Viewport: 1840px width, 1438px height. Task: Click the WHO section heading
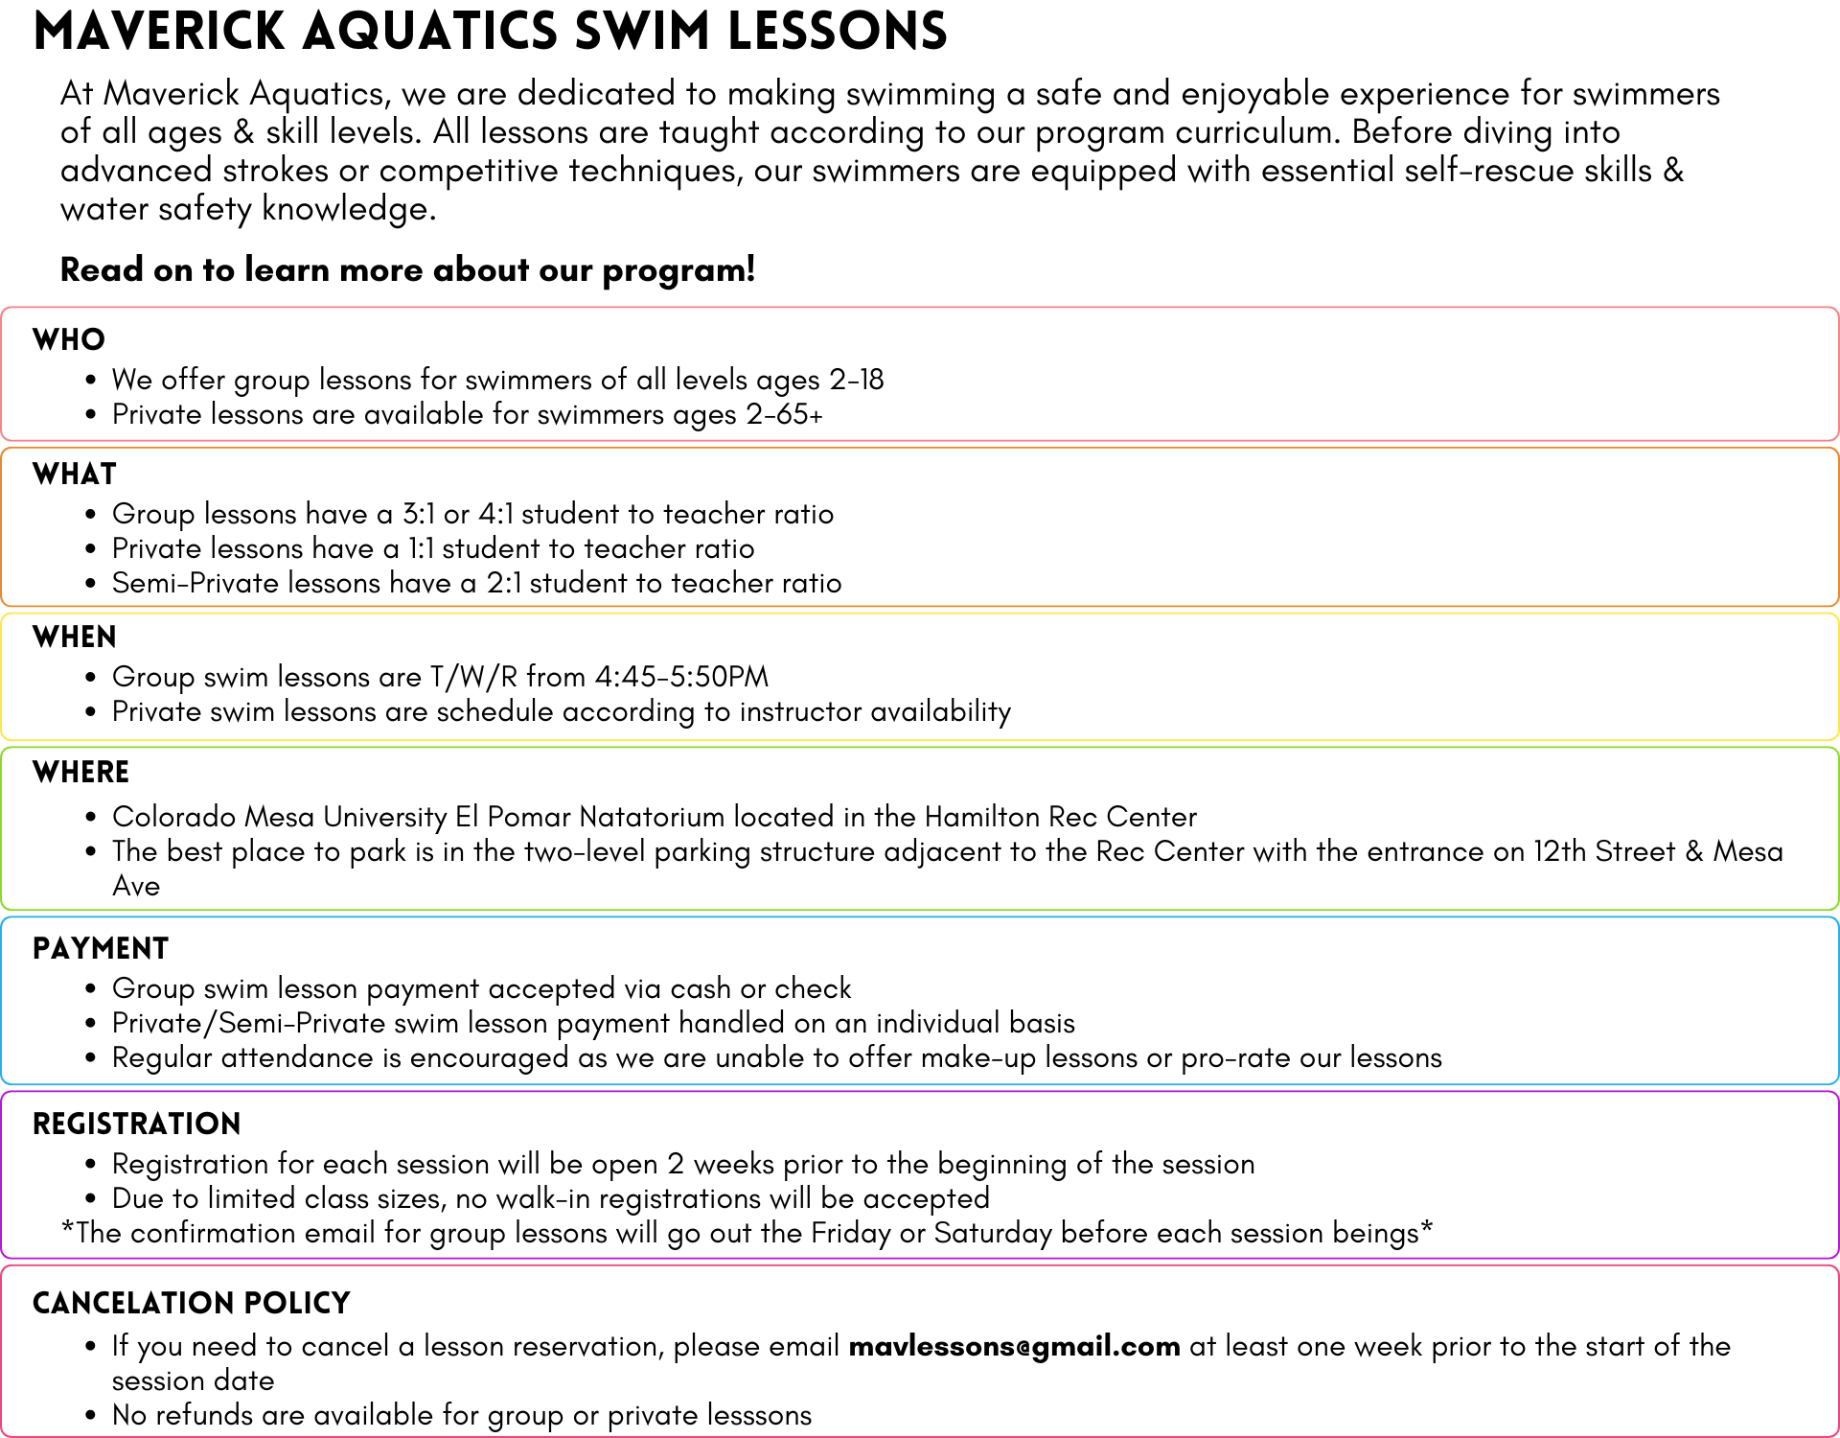[69, 340]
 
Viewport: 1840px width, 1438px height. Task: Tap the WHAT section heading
[75, 475]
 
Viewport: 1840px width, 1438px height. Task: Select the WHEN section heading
[75, 638]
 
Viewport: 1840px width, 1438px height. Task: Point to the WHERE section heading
[80, 773]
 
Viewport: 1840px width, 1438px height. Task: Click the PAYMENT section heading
[101, 949]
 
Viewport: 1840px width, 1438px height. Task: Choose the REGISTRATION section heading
[137, 1125]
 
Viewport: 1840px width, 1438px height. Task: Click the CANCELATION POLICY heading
[192, 1304]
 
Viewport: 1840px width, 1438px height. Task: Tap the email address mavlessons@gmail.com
[1014, 1347]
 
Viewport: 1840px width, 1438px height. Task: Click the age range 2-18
[857, 381]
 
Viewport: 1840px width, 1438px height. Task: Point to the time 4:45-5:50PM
[681, 678]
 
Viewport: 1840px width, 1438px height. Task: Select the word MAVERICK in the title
[159, 31]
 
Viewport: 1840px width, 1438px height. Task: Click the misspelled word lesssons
[757, 1416]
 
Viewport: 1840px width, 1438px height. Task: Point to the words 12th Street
[1604, 852]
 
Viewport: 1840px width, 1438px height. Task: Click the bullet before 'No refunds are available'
[91, 1416]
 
